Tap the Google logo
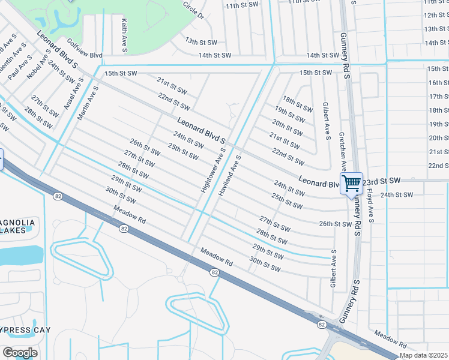[x=20, y=353]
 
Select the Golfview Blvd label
[x=85, y=49]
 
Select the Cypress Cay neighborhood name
[x=25, y=330]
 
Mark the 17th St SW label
[x=438, y=97]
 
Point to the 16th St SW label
[x=438, y=83]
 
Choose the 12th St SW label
[x=436, y=16]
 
